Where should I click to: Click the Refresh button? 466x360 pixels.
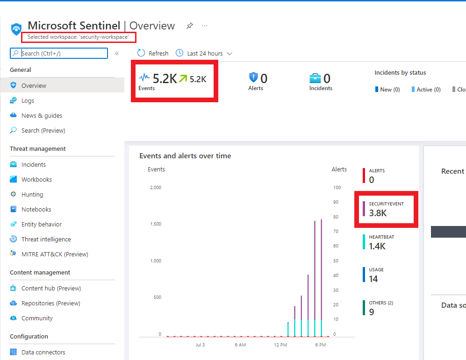click(x=153, y=53)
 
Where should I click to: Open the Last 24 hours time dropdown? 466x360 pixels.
click(x=204, y=53)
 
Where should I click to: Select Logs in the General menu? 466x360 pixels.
click(x=28, y=100)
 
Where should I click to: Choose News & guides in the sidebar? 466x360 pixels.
click(x=42, y=115)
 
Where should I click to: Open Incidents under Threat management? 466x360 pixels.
click(x=33, y=164)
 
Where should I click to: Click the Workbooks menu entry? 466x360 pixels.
click(x=36, y=179)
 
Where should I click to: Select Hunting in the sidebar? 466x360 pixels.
click(x=32, y=194)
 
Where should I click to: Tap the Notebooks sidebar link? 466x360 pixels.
click(x=36, y=209)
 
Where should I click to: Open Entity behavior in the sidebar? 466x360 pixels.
click(x=41, y=224)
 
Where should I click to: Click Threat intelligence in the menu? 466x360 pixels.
click(x=46, y=239)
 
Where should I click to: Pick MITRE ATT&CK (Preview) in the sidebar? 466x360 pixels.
click(x=54, y=254)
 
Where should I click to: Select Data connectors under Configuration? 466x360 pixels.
click(x=43, y=352)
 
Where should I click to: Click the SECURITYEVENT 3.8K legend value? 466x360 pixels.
click(x=378, y=213)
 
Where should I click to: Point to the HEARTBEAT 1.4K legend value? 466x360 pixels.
click(x=377, y=246)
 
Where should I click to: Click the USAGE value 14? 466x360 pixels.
click(x=373, y=279)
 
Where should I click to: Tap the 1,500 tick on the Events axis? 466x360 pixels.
click(x=155, y=224)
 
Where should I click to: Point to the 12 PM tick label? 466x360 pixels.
click(x=280, y=345)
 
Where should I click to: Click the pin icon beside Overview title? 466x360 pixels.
click(x=189, y=26)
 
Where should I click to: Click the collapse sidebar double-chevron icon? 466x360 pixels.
click(x=117, y=53)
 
